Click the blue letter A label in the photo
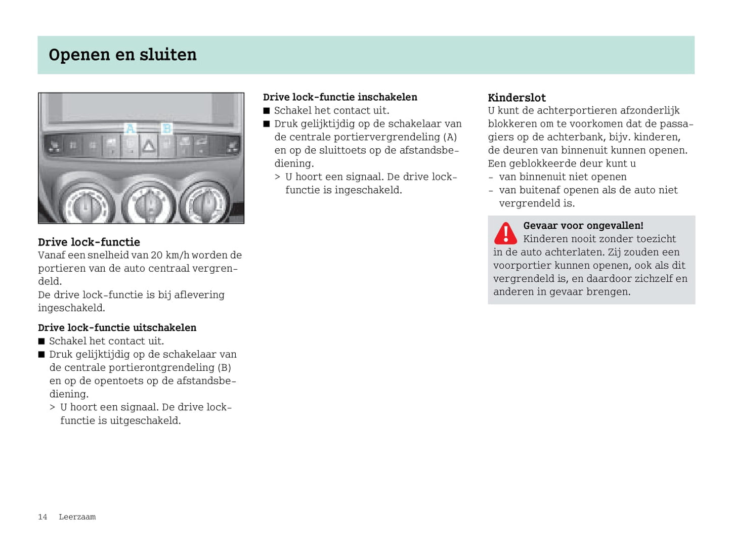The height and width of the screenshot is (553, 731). pos(130,129)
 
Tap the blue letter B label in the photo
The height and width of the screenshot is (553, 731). pos(166,129)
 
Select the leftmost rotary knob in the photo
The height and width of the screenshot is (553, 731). pos(86,205)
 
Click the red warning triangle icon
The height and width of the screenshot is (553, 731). pos(505,233)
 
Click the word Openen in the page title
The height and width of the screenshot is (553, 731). pos(79,55)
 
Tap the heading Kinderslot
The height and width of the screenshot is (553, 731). pos(517,98)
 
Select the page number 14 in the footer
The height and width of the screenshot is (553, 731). pos(42,517)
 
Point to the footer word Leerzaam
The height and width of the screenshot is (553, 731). pos(77,517)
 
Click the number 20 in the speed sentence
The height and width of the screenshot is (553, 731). pos(156,255)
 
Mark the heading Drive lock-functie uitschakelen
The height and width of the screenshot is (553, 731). pos(117,327)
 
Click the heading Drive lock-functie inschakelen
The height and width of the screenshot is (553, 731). pos(340,97)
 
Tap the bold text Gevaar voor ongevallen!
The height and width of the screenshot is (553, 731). pos(583,226)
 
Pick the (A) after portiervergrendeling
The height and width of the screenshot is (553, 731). pos(450,137)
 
